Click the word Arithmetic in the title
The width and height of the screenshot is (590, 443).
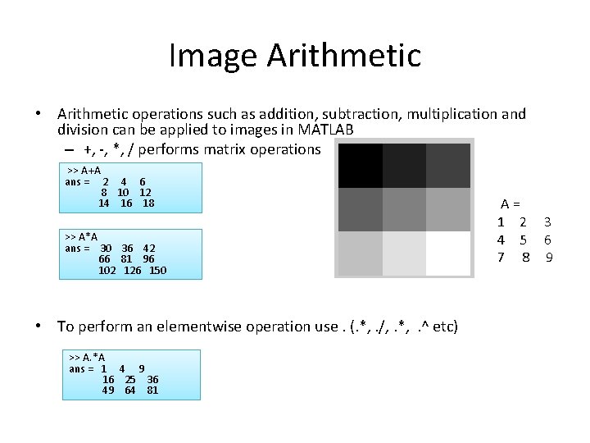[343, 56]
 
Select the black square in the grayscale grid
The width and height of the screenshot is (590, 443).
[360, 165]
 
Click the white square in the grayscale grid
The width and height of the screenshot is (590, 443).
[448, 253]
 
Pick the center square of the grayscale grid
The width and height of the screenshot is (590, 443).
[404, 209]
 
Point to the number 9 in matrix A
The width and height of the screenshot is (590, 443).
[550, 258]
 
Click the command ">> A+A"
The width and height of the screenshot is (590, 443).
[84, 171]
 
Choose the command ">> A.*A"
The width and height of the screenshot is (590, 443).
[87, 358]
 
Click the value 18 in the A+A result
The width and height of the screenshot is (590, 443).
[148, 203]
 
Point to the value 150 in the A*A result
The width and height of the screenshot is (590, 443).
[157, 270]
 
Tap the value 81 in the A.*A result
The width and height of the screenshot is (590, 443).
[152, 390]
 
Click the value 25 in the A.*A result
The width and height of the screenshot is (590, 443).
[130, 379]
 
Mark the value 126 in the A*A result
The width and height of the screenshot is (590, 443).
[133, 270]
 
